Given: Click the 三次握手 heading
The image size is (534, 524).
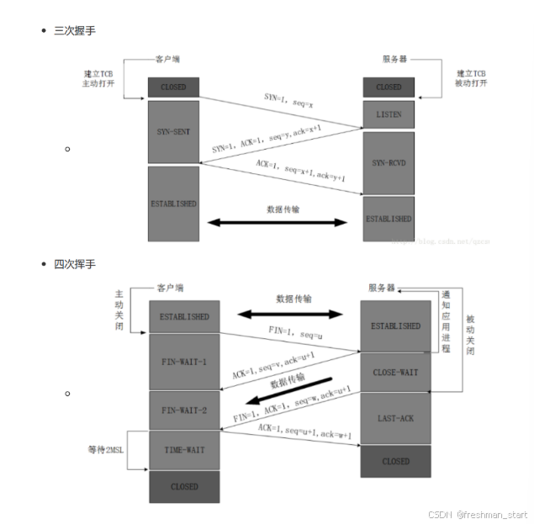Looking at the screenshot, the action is click(76, 30).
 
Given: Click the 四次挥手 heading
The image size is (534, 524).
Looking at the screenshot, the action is click(76, 264).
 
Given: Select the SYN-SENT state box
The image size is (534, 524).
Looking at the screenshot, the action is click(173, 132).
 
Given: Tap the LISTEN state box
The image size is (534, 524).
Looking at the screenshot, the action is click(389, 114).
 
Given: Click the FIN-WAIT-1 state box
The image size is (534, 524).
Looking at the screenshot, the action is click(184, 363).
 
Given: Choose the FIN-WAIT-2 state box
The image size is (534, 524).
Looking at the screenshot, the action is click(184, 410).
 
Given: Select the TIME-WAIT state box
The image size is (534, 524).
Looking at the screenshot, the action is click(184, 450).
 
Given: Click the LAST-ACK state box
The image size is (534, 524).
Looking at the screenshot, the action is click(396, 418).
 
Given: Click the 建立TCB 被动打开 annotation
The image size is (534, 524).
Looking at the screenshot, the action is click(472, 78).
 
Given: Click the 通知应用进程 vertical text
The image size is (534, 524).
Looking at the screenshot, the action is click(447, 321).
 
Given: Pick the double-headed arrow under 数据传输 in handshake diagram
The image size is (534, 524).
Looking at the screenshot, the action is click(277, 222).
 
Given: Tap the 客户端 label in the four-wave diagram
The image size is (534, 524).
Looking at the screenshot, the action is click(172, 287).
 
